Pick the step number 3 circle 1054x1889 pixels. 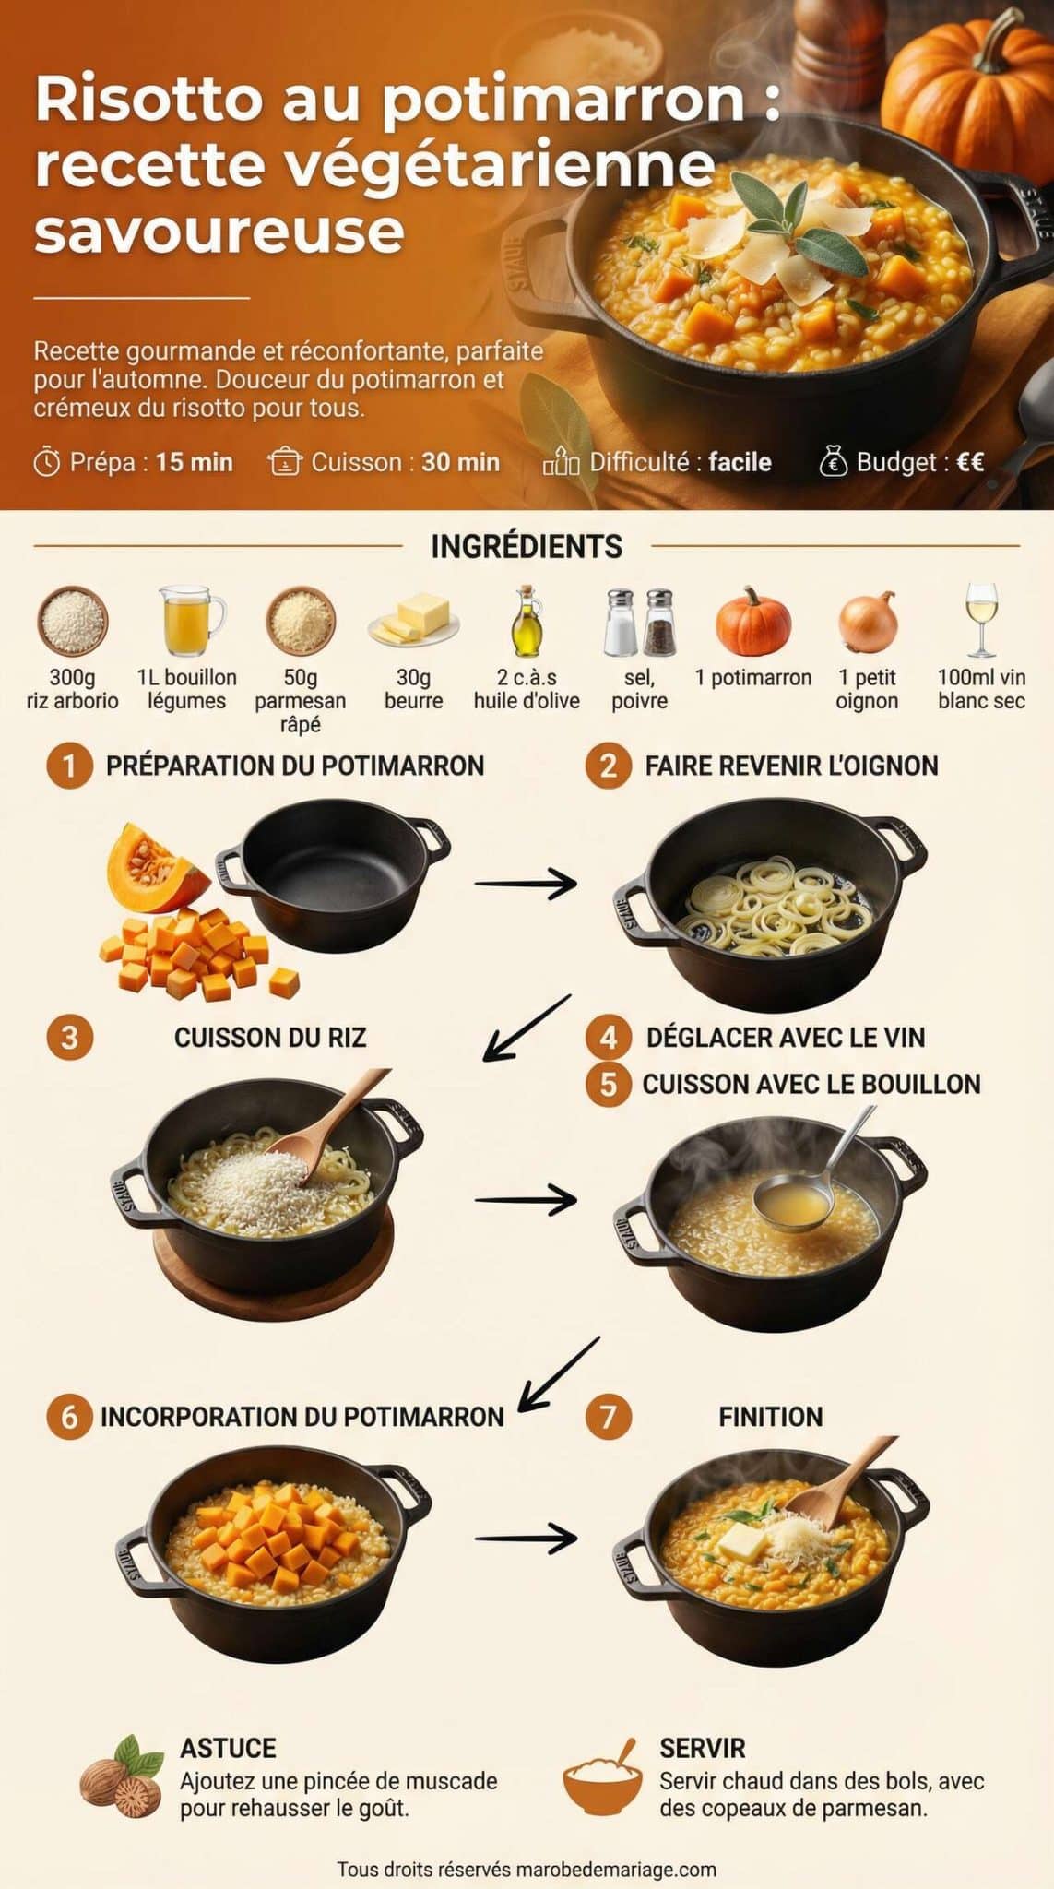pos(69,1038)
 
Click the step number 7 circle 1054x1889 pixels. pos(608,1416)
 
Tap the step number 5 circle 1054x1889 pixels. pos(608,1084)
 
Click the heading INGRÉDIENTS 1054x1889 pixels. pos(527,546)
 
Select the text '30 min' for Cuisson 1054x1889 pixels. pos(460,462)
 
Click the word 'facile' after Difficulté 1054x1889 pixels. pos(740,462)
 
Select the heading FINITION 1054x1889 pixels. pos(770,1417)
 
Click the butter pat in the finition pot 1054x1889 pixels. pos(741,1541)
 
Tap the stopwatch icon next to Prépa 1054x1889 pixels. pos(47,462)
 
